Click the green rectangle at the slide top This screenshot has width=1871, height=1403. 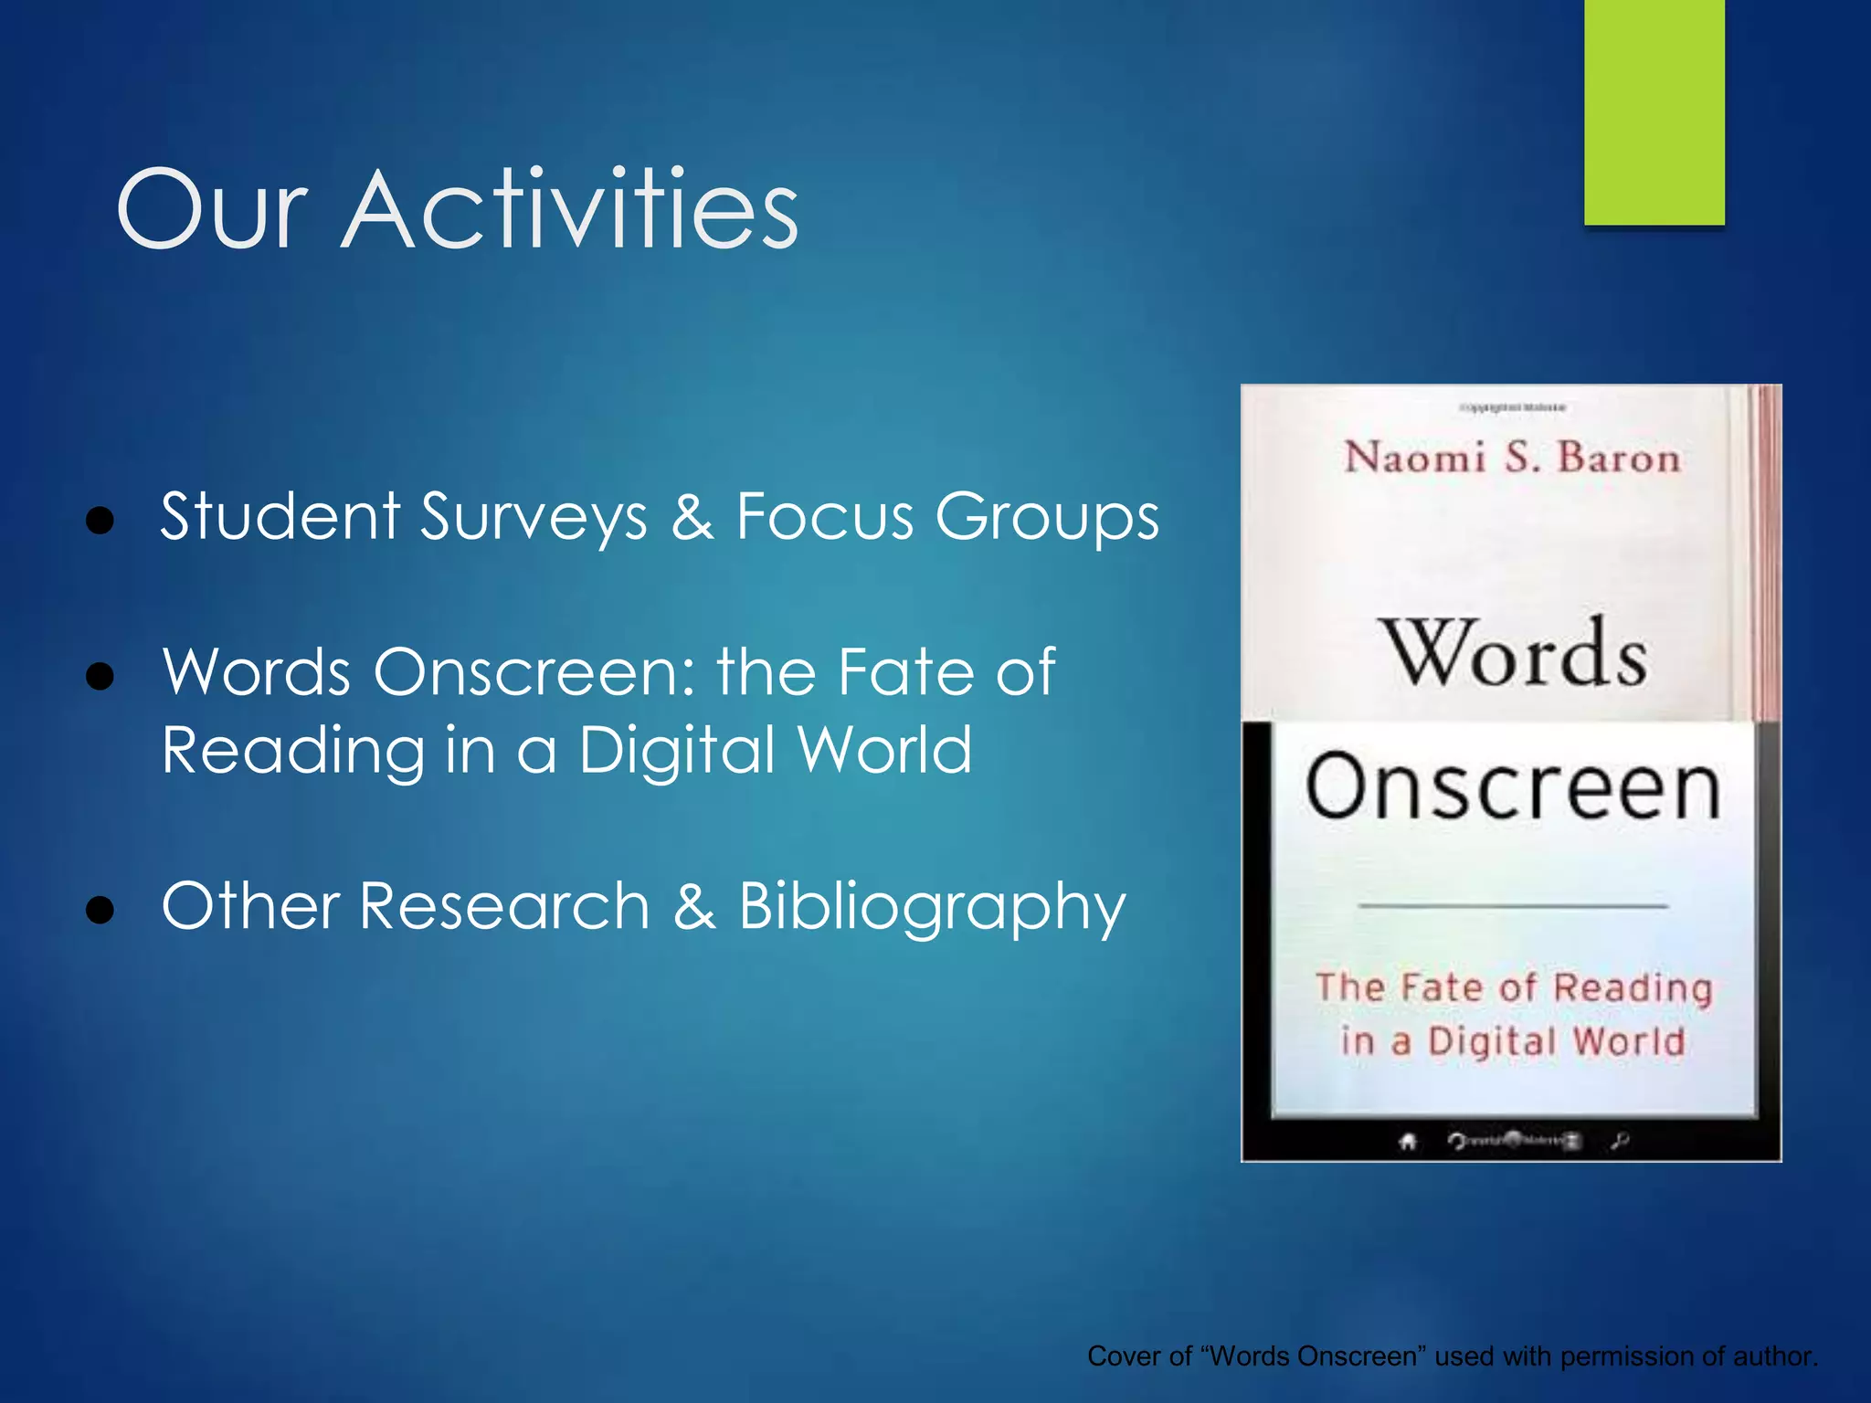(x=1654, y=111)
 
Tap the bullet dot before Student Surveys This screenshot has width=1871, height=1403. (x=100, y=521)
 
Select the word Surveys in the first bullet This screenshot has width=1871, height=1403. (x=534, y=518)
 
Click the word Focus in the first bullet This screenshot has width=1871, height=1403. (x=825, y=516)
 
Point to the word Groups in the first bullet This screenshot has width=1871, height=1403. (x=1047, y=518)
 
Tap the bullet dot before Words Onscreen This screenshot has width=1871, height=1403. (x=100, y=677)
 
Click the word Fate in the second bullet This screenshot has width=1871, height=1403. (x=907, y=672)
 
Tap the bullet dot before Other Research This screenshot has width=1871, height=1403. (x=100, y=910)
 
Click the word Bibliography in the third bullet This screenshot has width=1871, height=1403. (x=932, y=907)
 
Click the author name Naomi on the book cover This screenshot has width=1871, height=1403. (x=1414, y=457)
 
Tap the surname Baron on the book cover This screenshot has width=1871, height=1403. (x=1618, y=457)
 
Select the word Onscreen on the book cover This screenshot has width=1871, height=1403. (x=1513, y=787)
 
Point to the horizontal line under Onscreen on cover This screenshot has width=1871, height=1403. (x=1513, y=906)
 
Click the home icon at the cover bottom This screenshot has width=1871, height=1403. (x=1408, y=1141)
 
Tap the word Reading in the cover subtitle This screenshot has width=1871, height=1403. (x=1633, y=988)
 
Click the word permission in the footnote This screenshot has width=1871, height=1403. (x=1616, y=1356)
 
